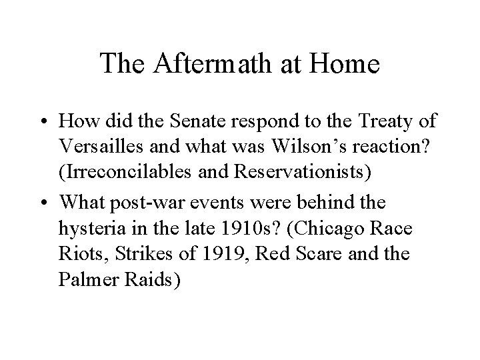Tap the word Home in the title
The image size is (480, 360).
(x=347, y=65)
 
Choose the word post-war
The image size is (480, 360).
(x=145, y=203)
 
